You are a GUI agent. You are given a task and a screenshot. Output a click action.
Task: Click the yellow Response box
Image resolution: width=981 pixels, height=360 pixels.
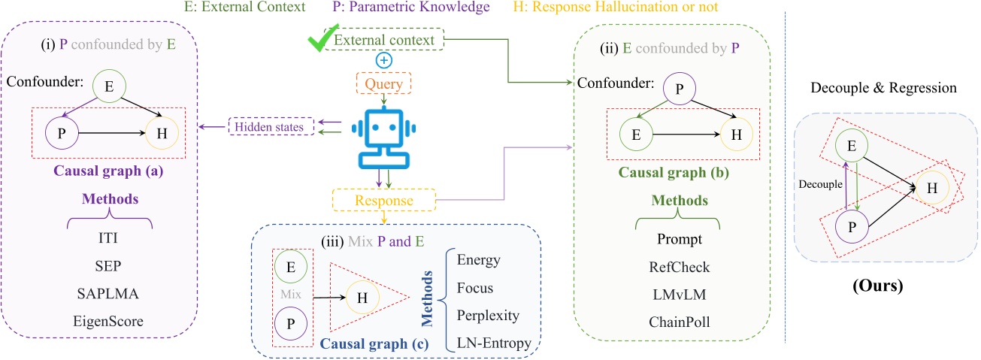click(x=384, y=201)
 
